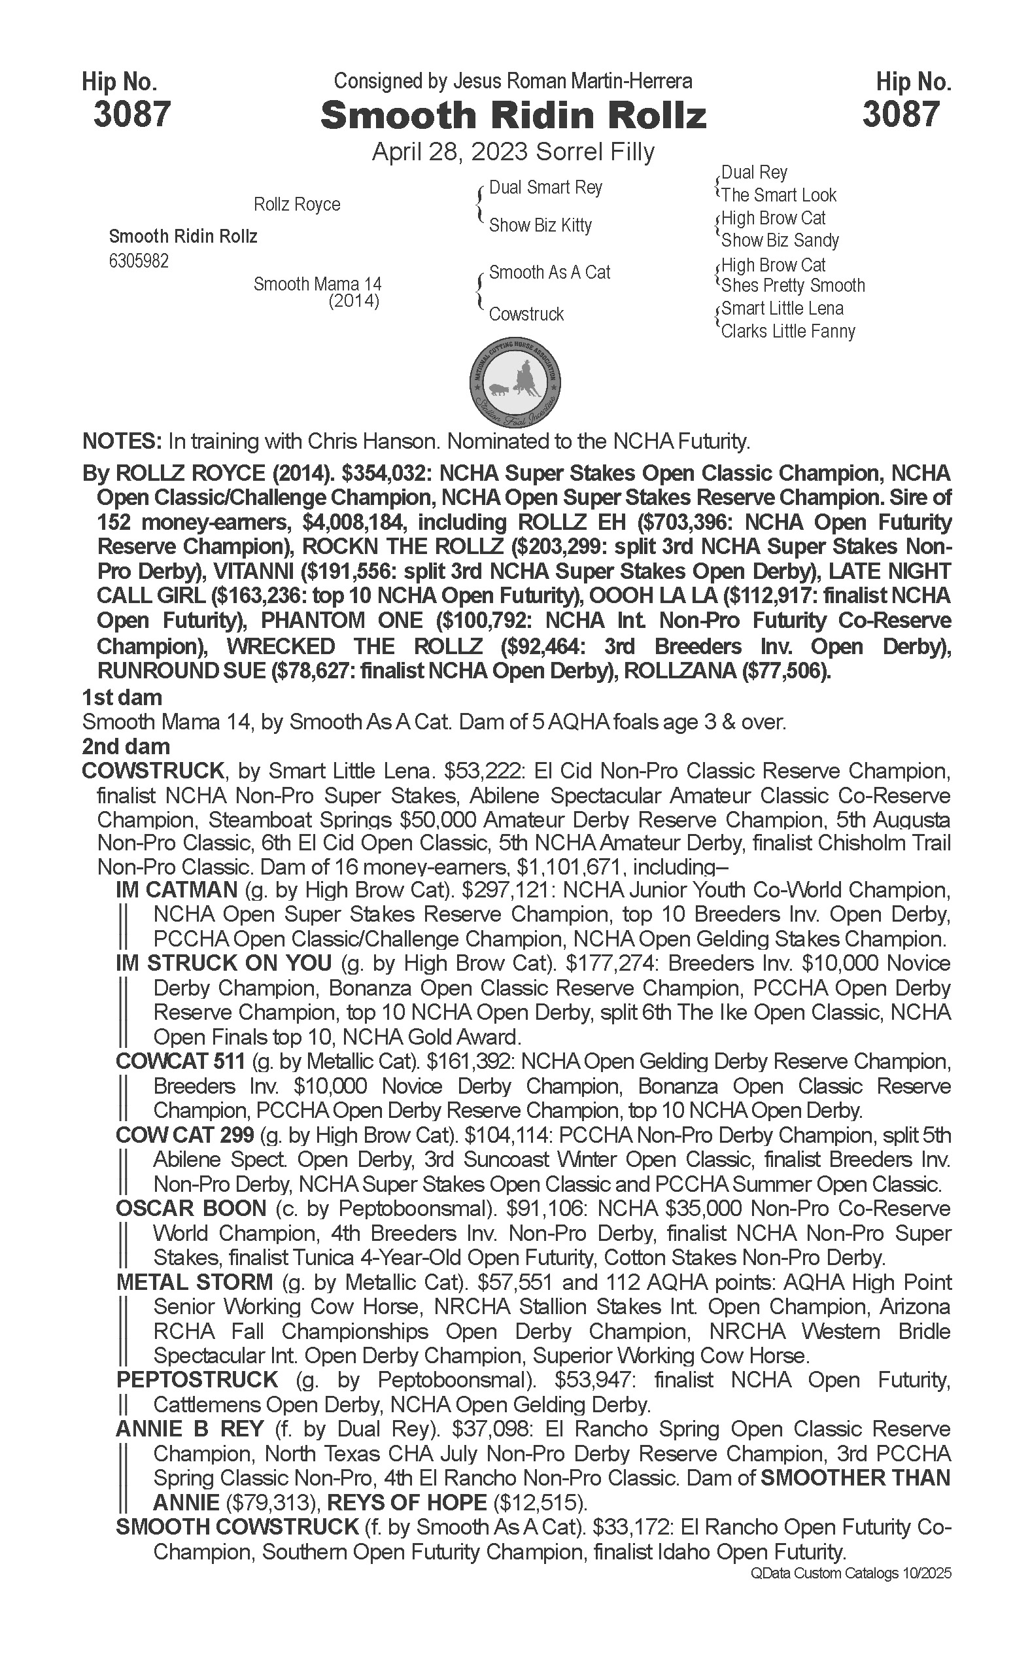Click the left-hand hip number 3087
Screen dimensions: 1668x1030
[x=131, y=114]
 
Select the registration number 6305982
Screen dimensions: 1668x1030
[x=139, y=262]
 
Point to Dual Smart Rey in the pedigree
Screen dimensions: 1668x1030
[x=545, y=187]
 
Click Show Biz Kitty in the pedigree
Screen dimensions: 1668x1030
[x=540, y=225]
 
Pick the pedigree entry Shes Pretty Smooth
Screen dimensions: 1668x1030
[x=793, y=285]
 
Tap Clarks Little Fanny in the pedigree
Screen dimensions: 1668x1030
[x=787, y=331]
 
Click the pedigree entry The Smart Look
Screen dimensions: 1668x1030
[x=779, y=196]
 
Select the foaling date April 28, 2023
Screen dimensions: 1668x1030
[x=451, y=151]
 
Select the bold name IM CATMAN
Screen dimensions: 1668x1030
[x=177, y=890]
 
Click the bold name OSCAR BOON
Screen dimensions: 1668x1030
[x=191, y=1209]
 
